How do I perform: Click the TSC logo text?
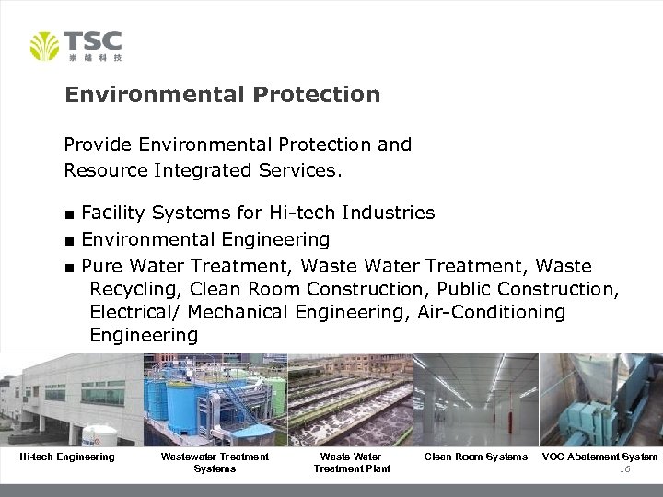click(x=92, y=40)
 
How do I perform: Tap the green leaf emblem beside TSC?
click(x=44, y=46)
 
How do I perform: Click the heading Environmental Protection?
click(x=222, y=95)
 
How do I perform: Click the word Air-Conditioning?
click(x=491, y=313)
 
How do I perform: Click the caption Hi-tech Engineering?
click(x=67, y=457)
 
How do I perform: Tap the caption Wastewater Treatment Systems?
click(x=215, y=462)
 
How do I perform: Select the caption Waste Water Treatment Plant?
click(x=351, y=462)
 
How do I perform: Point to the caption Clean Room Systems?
click(x=475, y=457)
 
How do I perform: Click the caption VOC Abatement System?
click(x=599, y=457)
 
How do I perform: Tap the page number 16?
click(x=624, y=468)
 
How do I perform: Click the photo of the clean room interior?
click(x=475, y=399)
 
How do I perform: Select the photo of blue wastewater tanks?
click(x=215, y=399)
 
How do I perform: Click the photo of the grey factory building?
click(x=71, y=399)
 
